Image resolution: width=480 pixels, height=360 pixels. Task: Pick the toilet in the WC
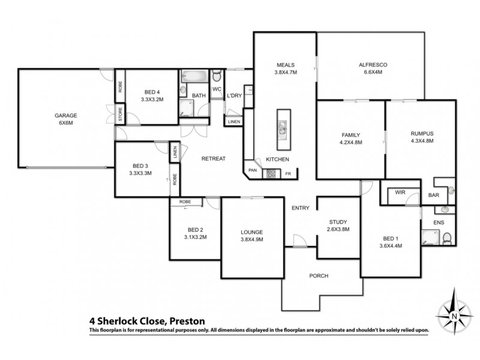pyautogui.click(x=217, y=77)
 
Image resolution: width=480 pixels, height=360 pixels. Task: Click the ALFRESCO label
pyautogui.click(x=370, y=64)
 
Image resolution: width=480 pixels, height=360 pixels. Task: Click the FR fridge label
pyautogui.click(x=288, y=174)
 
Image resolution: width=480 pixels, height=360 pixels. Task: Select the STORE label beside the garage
pyautogui.click(x=120, y=115)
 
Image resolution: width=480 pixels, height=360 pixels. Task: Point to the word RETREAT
pyautogui.click(x=213, y=158)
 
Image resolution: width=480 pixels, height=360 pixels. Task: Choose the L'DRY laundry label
pyautogui.click(x=233, y=95)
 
